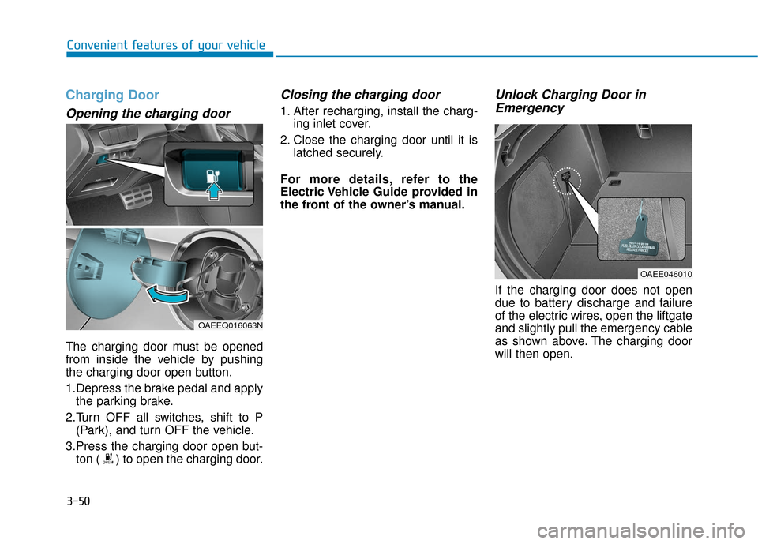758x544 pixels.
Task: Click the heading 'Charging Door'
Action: (x=112, y=96)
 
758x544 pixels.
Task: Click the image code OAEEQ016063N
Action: (x=229, y=325)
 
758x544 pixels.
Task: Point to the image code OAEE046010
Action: (x=666, y=274)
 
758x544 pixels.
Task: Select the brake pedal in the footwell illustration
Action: (x=138, y=192)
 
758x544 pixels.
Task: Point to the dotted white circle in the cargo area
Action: (x=566, y=181)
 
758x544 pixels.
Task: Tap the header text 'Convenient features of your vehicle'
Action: (x=165, y=45)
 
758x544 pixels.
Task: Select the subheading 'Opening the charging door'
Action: (x=148, y=114)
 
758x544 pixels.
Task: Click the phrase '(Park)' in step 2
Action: (x=92, y=430)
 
